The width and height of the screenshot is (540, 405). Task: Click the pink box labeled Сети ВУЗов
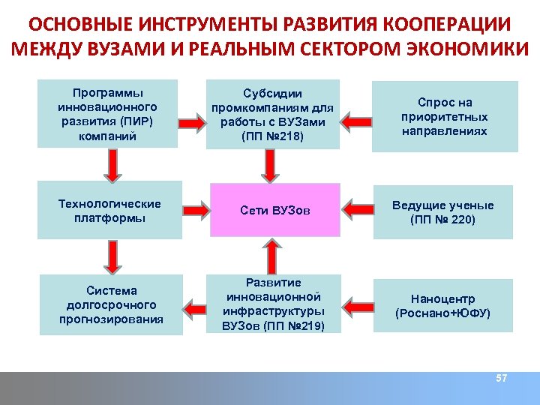(274, 211)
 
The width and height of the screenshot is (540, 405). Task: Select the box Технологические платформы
(109, 211)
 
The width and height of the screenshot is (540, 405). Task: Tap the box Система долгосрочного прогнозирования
(111, 305)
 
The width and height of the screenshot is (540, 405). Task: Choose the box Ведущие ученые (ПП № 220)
(442, 212)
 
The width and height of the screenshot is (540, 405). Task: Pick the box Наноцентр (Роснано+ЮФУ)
(442, 306)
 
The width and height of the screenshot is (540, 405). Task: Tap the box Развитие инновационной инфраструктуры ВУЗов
(273, 304)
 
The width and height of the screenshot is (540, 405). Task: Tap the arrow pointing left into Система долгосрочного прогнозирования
(196, 305)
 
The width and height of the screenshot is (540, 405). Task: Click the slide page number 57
(502, 379)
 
